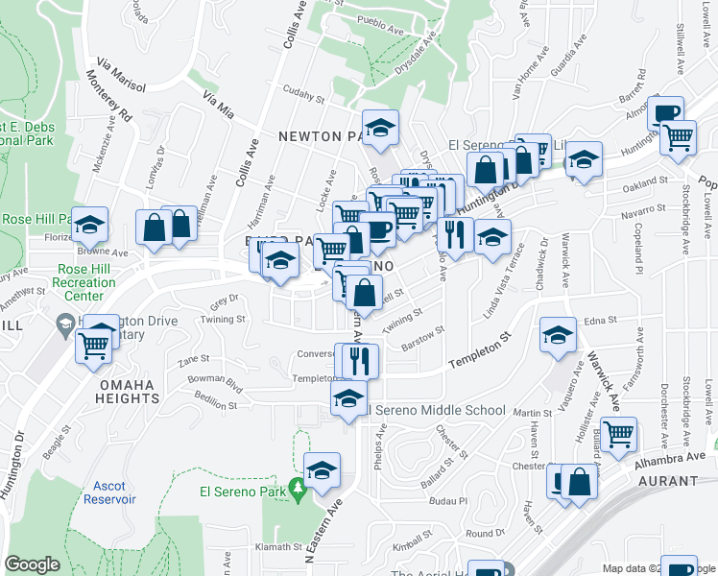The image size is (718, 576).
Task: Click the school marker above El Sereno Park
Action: tap(323, 469)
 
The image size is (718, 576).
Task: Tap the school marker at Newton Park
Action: tap(381, 130)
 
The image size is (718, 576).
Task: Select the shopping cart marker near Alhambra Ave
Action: tap(619, 433)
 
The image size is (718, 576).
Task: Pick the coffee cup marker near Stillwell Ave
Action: tap(664, 112)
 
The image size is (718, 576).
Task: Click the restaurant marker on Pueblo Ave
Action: tap(454, 233)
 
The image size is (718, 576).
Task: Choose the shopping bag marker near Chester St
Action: tap(580, 481)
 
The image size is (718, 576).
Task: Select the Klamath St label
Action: tap(280, 546)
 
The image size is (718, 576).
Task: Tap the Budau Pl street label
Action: tap(448, 501)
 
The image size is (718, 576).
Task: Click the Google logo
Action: tap(33, 564)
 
